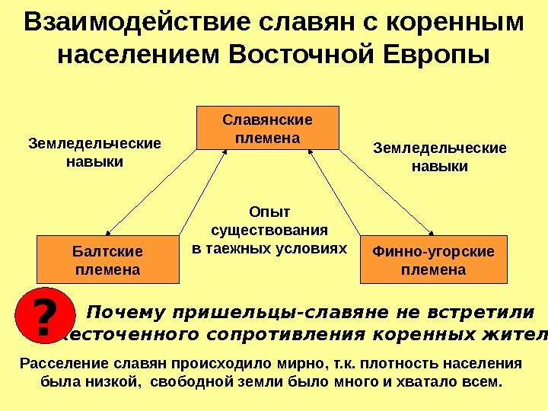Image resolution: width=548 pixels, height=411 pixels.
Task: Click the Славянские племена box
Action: click(268, 128)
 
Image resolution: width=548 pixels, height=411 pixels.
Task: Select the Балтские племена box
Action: click(107, 260)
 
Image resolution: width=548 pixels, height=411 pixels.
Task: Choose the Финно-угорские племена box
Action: click(432, 260)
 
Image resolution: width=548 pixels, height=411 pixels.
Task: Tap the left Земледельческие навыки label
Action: click(95, 152)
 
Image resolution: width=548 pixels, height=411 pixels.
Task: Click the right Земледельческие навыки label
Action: click(439, 156)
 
